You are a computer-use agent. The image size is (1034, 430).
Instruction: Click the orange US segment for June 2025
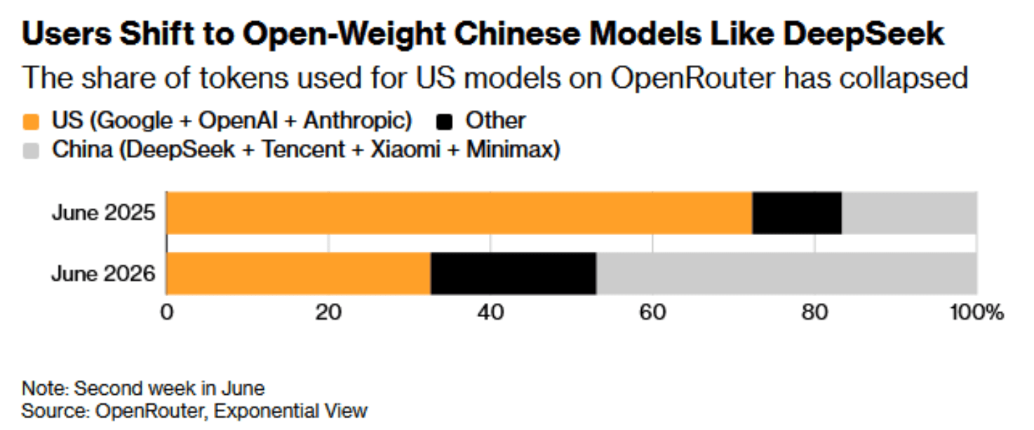[x=459, y=213]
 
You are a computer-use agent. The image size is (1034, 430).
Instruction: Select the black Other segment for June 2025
[x=797, y=213]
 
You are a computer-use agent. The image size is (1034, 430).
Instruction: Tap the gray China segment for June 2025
[x=909, y=213]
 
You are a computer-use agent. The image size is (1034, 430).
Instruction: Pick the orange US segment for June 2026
[x=299, y=273]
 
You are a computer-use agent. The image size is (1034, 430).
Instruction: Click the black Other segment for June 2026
[x=513, y=273]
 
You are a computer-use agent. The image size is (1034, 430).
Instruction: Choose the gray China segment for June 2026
[x=786, y=273]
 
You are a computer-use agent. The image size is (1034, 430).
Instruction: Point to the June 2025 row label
[x=103, y=213]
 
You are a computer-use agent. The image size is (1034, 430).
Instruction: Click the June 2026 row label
[x=103, y=274]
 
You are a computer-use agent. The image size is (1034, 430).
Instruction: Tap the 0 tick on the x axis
[x=167, y=312]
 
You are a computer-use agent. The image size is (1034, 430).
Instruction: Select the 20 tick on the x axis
[x=328, y=312]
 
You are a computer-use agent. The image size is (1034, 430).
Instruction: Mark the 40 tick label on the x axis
[x=490, y=312]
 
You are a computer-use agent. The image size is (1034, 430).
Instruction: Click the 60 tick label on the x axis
[x=652, y=312]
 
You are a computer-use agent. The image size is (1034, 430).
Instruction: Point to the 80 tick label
[x=814, y=312]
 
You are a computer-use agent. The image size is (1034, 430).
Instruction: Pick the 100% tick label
[x=976, y=312]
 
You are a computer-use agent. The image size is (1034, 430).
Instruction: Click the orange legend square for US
[x=31, y=122]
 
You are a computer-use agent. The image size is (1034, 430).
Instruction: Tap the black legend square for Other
[x=444, y=122]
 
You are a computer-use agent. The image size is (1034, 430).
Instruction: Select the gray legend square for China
[x=31, y=151]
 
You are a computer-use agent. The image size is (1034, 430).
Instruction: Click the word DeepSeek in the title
[x=864, y=34]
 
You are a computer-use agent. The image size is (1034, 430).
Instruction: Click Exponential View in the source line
[x=290, y=410]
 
